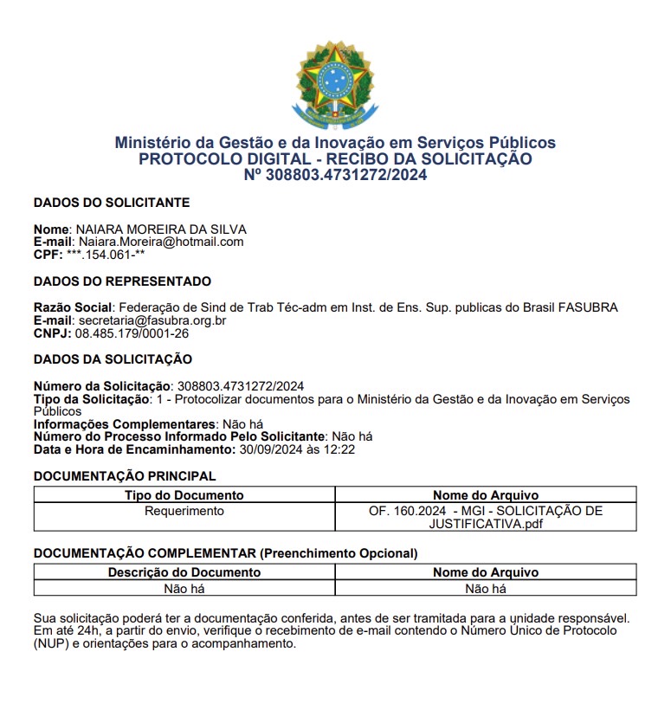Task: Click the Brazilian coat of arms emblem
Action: point(335,85)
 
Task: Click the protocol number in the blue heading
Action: point(335,175)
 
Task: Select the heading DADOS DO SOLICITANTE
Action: point(111,203)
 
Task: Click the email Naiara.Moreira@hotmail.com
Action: point(161,242)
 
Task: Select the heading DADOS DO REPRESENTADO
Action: point(122,281)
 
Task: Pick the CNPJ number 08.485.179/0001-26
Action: point(132,333)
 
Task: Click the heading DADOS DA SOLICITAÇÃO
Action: point(113,359)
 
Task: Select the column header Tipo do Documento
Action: point(184,495)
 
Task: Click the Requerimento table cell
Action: point(184,511)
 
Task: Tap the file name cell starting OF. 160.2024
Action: point(485,517)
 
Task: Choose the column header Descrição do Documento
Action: point(184,572)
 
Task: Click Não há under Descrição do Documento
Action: point(184,589)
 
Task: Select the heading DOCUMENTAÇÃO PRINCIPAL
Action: point(125,476)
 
